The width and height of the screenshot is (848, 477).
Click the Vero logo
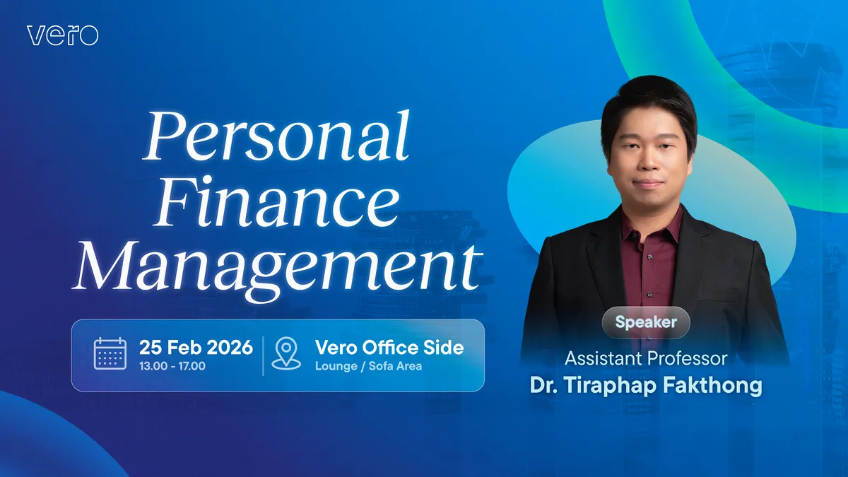point(62,35)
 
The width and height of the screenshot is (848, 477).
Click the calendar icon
point(110,353)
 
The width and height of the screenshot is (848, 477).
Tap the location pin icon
point(286,353)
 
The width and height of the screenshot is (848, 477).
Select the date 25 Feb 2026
point(196,347)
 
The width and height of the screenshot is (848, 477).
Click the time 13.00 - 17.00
point(172,366)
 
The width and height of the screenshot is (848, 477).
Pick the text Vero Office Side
point(389,347)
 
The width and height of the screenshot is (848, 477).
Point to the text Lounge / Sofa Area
point(368,366)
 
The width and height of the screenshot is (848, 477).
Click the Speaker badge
point(645,322)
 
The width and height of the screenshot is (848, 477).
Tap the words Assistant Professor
point(645,358)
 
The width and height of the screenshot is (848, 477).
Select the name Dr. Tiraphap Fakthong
point(645,386)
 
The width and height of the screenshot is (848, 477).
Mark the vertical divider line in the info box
point(263,355)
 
